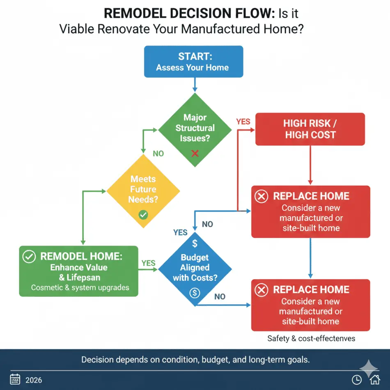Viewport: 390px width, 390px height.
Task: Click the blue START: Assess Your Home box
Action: [x=193, y=62]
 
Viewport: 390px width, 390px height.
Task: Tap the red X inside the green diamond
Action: [x=195, y=153]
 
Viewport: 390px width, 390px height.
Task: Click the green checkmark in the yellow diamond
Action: [x=143, y=214]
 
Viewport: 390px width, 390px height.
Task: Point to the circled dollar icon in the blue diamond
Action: [x=195, y=293]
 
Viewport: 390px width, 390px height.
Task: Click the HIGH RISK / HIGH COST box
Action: [x=310, y=129]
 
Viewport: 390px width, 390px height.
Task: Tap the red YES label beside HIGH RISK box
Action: [x=243, y=122]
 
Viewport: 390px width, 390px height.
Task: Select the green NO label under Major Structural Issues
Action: [x=158, y=154]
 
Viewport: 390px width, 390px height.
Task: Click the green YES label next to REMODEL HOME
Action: [x=148, y=263]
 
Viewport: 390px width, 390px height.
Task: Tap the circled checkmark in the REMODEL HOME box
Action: [x=29, y=257]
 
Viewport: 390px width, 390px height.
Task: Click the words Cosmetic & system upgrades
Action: [x=80, y=288]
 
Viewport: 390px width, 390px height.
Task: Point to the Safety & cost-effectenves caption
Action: [x=311, y=339]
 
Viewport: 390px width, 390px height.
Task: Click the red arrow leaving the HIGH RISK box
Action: [x=310, y=164]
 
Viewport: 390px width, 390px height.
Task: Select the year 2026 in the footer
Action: [x=34, y=380]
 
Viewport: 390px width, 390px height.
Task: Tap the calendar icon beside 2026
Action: [x=15, y=379]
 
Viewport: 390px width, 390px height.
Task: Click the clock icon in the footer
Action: [x=357, y=380]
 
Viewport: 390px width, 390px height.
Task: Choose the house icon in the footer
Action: [x=374, y=380]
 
